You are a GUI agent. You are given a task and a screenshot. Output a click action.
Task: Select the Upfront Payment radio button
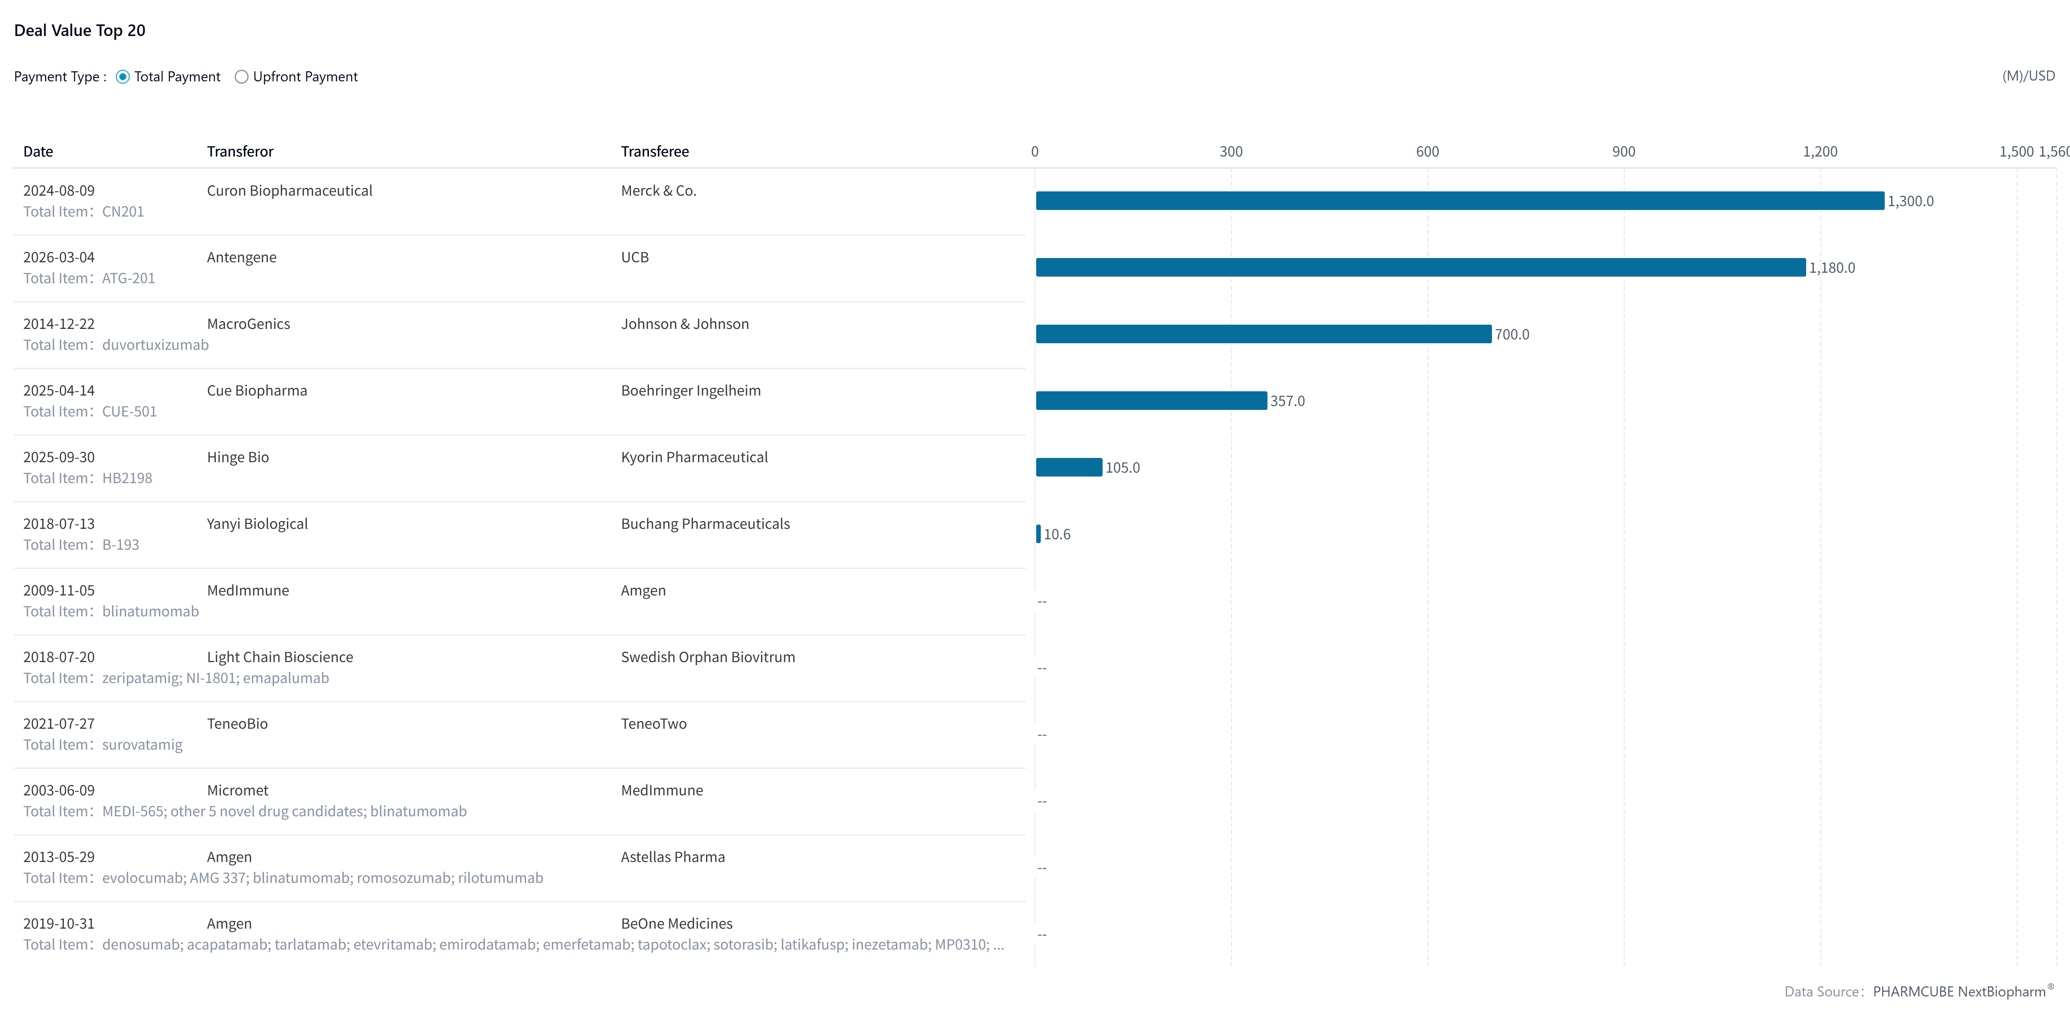pyautogui.click(x=241, y=77)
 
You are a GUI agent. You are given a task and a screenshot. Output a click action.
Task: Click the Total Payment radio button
pyautogui.click(x=123, y=77)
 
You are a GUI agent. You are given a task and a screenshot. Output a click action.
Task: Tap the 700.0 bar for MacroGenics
pyautogui.click(x=1263, y=334)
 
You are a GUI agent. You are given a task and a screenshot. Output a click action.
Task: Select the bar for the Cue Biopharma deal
pyautogui.click(x=1151, y=401)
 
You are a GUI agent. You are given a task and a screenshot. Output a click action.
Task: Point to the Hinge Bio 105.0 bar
pyautogui.click(x=1069, y=468)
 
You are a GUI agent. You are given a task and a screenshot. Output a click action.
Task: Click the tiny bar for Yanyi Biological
pyautogui.click(x=1038, y=534)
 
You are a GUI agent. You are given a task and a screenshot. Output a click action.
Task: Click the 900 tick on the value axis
pyautogui.click(x=1623, y=152)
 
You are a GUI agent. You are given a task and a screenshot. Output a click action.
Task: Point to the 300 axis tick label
pyautogui.click(x=1230, y=152)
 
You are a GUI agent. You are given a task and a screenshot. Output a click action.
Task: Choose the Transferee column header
pyautogui.click(x=654, y=152)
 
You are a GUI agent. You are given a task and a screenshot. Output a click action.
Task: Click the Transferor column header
pyautogui.click(x=239, y=152)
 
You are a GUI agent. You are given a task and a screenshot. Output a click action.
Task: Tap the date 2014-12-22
pyautogui.click(x=59, y=324)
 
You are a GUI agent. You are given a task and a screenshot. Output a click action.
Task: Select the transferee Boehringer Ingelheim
pyautogui.click(x=690, y=391)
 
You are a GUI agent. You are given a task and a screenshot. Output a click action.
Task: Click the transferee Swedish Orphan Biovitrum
pyautogui.click(x=707, y=657)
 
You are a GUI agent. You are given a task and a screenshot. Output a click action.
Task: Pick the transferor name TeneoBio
pyautogui.click(x=237, y=724)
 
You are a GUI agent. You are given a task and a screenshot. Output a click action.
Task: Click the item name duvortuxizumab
pyautogui.click(x=155, y=345)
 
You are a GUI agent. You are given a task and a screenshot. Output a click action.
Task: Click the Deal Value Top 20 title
pyautogui.click(x=79, y=31)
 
